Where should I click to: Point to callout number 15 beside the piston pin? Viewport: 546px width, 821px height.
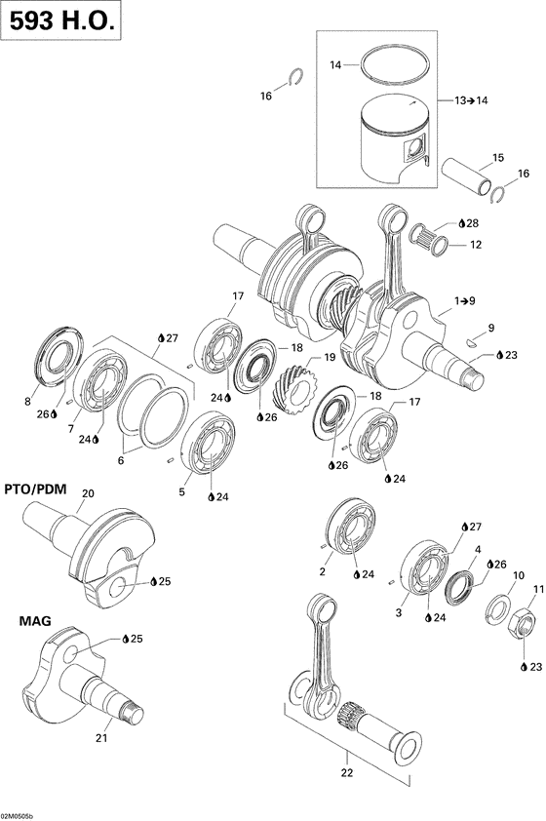click(497, 158)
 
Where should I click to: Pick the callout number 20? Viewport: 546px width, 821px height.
click(88, 492)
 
